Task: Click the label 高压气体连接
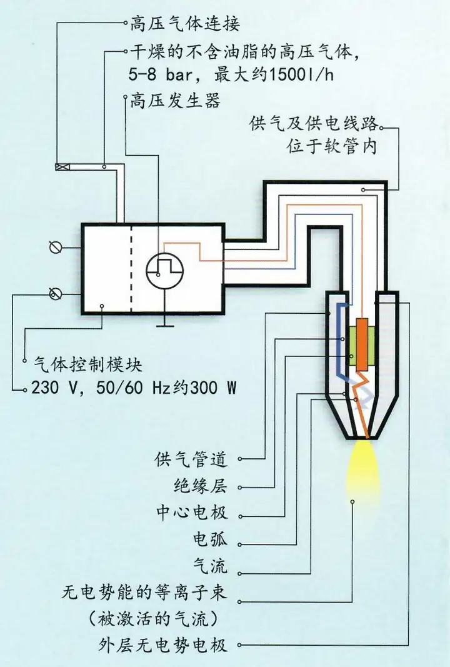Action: point(185,23)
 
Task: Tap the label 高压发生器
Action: point(175,101)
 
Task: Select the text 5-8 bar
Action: point(161,75)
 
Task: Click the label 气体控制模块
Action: point(87,365)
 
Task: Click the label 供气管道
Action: point(191,459)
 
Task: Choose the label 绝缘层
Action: point(201,486)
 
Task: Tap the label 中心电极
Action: point(192,513)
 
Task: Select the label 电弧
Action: point(210,539)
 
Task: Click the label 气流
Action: point(210,566)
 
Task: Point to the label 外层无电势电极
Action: point(163,646)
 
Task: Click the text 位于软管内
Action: point(332,147)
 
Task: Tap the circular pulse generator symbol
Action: point(165,269)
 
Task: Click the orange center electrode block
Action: point(362,344)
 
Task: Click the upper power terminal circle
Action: point(56,247)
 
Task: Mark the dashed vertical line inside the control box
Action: point(131,269)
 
